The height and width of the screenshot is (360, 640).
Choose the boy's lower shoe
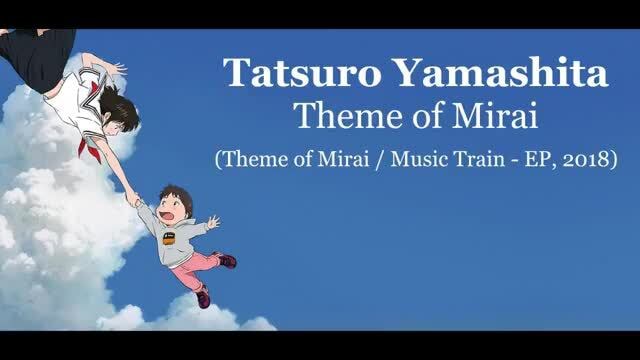click(203, 297)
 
